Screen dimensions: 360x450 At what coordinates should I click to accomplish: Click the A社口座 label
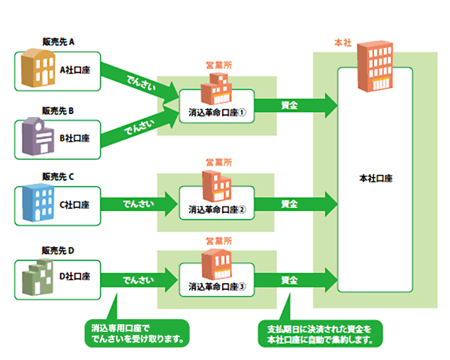pos(75,70)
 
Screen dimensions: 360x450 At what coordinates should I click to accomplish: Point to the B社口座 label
pos(75,138)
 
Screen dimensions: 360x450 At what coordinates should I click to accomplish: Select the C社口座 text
pos(75,204)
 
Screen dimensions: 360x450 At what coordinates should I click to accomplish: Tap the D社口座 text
pos(75,277)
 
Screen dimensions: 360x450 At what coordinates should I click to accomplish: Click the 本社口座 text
pos(375,178)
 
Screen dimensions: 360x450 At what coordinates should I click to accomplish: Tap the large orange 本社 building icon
pos(374,65)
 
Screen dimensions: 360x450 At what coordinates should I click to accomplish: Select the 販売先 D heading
pos(58,250)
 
